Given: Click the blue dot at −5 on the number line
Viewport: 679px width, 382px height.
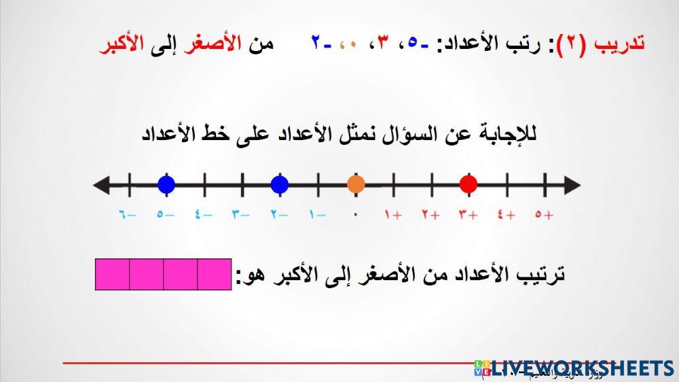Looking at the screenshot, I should tap(166, 184).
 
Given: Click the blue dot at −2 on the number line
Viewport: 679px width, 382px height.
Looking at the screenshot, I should tap(279, 184).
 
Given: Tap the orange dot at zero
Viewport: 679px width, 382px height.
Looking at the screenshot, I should tap(355, 184).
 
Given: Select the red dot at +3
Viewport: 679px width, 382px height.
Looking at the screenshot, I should tap(468, 184).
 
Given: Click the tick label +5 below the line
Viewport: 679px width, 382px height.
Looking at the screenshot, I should tap(544, 215).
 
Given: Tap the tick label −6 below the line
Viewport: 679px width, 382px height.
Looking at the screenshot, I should tap(128, 215).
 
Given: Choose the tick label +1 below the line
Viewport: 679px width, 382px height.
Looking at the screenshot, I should tap(393, 215).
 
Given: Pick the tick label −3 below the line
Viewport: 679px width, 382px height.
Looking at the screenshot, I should tap(241, 215).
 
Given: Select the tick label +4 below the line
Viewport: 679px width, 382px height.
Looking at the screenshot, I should tap(506, 215).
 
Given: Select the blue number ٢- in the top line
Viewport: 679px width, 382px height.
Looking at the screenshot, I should tap(318, 42).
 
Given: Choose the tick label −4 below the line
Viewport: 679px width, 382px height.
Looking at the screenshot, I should tap(203, 215).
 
